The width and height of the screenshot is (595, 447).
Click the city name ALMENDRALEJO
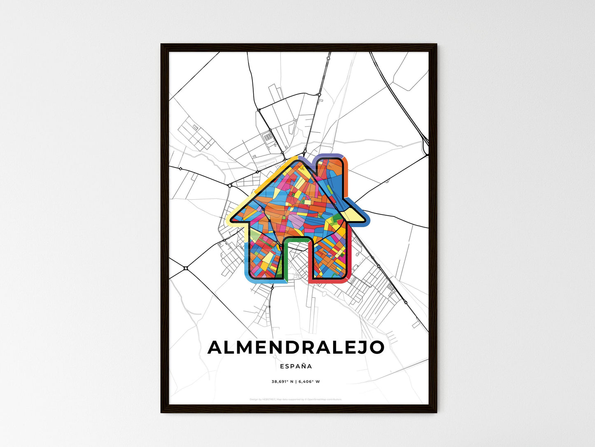click(x=296, y=347)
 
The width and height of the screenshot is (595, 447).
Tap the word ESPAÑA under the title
click(x=296, y=366)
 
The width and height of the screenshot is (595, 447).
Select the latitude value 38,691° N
click(x=282, y=381)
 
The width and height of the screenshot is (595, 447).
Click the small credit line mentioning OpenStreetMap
click(x=296, y=399)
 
